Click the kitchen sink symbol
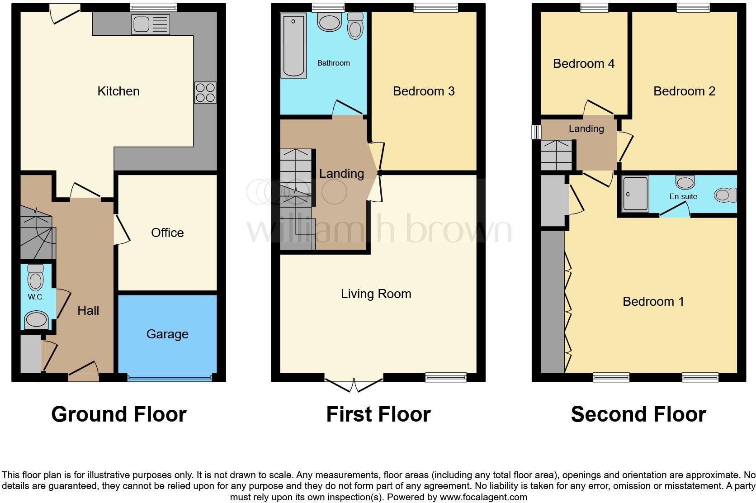[x=151, y=24]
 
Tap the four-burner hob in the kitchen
[x=205, y=93]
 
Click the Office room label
[x=167, y=233]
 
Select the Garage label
[x=167, y=334]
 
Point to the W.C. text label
[x=36, y=297]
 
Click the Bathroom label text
[x=333, y=63]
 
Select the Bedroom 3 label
[x=424, y=91]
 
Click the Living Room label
[x=376, y=294]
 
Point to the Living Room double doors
[x=354, y=385]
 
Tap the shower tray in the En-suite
[x=635, y=194]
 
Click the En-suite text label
[x=683, y=196]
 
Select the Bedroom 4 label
[x=584, y=63]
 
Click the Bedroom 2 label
[x=684, y=91]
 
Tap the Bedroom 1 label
[x=653, y=301]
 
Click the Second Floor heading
[x=638, y=414]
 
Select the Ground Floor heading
[x=118, y=414]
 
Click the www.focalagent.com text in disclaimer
[x=483, y=497]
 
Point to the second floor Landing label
[x=586, y=128]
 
